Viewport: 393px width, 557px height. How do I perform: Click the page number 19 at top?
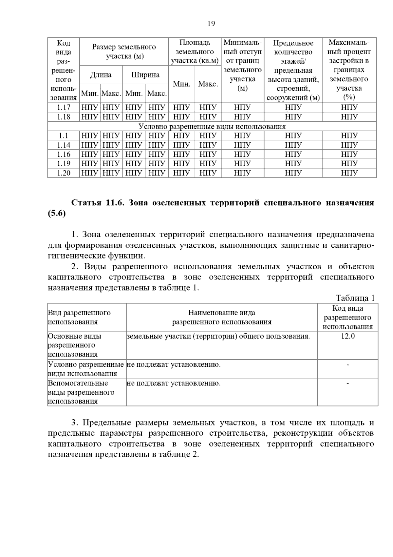tap(211, 24)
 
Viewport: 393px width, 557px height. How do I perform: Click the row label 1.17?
tap(64, 108)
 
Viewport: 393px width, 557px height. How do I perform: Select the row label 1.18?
tap(64, 117)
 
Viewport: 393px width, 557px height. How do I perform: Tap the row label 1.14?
tap(64, 145)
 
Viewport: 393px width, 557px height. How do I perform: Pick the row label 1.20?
tap(64, 173)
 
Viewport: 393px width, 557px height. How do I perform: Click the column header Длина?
tap(101, 75)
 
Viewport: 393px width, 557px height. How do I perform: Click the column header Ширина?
tap(145, 75)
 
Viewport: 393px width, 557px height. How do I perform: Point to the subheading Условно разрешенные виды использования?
tap(212, 126)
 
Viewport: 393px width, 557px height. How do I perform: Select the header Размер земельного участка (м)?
tap(124, 52)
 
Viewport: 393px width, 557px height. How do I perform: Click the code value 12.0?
tap(347, 336)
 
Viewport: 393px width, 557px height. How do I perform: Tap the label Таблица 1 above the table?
tap(355, 298)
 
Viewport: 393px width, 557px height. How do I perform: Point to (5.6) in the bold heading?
tap(57, 214)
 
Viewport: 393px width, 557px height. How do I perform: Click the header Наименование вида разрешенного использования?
tap(222, 317)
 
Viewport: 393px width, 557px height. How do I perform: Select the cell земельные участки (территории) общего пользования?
tap(218, 336)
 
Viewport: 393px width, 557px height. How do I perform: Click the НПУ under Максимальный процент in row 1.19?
tap(349, 164)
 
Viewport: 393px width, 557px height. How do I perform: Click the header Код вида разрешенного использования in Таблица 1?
tap(347, 317)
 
